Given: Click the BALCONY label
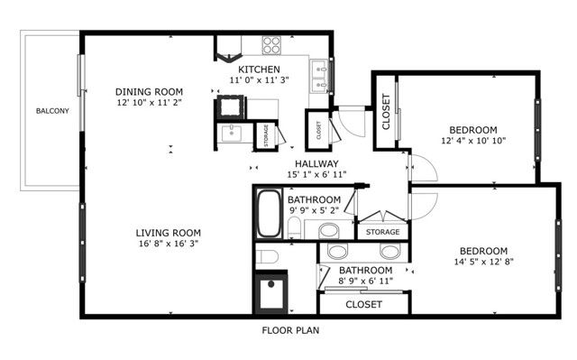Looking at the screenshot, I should (x=50, y=112).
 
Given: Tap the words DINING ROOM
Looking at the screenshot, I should (x=150, y=91).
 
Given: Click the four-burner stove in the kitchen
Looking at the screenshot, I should (x=273, y=45).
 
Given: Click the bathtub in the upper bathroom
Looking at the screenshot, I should (x=269, y=215).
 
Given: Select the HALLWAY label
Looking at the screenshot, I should (x=310, y=163).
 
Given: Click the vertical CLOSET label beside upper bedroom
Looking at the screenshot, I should (x=385, y=112).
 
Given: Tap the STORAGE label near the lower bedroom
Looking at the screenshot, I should (x=382, y=233).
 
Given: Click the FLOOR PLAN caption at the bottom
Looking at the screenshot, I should (x=290, y=330).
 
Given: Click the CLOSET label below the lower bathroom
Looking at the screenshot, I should (x=363, y=305).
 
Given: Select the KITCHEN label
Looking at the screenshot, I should (x=259, y=70).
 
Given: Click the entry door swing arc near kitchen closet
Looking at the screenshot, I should (x=348, y=118).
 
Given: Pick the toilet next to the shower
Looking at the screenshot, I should (x=267, y=258).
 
